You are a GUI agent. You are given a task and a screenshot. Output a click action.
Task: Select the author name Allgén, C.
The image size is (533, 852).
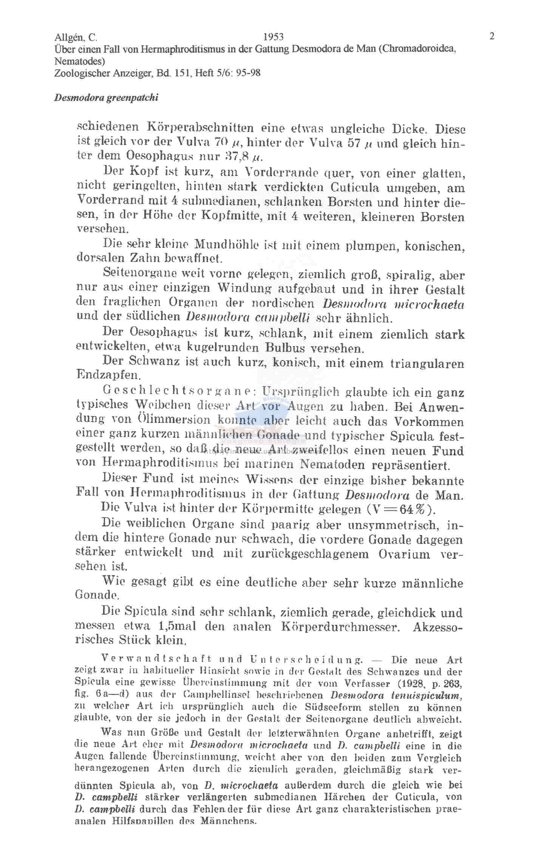[76, 37]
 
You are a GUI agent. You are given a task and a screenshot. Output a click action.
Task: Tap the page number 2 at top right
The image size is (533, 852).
[491, 36]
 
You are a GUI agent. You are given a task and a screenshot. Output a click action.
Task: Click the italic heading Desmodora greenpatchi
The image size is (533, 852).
[106, 98]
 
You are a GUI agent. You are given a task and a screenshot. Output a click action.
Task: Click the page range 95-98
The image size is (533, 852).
[248, 73]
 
